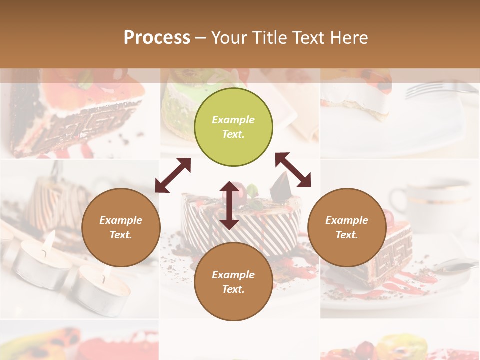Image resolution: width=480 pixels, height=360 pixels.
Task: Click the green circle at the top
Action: (x=233, y=127)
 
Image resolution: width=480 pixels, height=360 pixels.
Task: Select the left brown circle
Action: (x=121, y=227)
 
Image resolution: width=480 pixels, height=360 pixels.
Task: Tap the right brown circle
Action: (x=347, y=227)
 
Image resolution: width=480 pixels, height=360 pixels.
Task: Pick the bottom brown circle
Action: (x=233, y=282)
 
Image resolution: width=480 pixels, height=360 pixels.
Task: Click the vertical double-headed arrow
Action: (x=229, y=205)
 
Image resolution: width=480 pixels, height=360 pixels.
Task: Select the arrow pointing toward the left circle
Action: (x=173, y=175)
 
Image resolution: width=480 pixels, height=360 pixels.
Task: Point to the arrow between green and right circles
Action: (x=293, y=170)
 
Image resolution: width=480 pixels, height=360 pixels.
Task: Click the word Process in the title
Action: (x=157, y=37)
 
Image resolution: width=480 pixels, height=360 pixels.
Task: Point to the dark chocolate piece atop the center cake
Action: (x=280, y=187)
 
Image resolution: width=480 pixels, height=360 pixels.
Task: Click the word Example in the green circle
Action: (x=233, y=120)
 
